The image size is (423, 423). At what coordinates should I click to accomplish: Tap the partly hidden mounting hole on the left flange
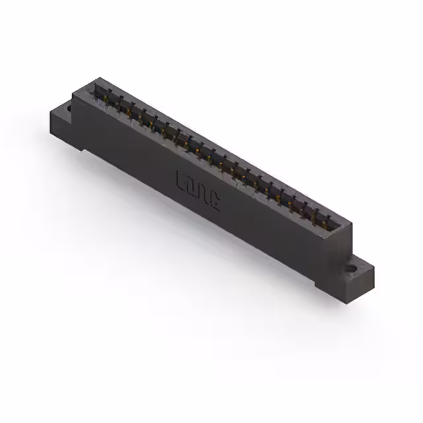pyautogui.click(x=69, y=105)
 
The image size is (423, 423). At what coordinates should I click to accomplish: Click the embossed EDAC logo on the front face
pyautogui.click(x=199, y=190)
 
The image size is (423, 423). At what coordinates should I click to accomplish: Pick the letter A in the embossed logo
pyautogui.click(x=204, y=193)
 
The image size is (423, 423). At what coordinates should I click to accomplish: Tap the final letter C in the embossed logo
pyautogui.click(x=215, y=199)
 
